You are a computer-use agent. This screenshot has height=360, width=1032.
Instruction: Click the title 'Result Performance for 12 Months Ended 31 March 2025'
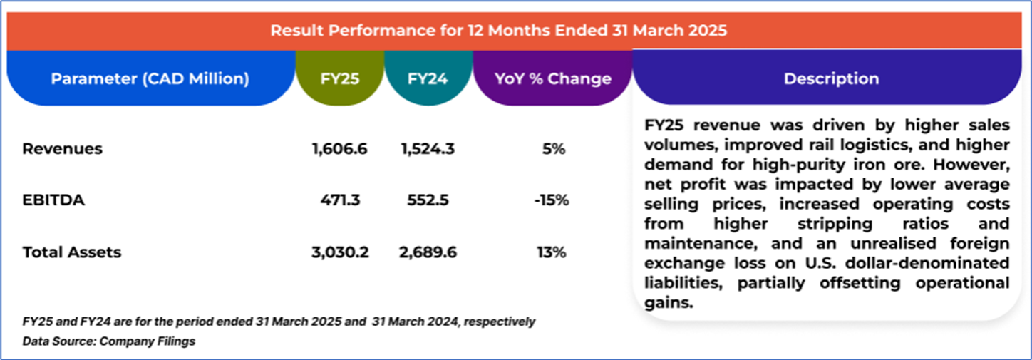click(498, 31)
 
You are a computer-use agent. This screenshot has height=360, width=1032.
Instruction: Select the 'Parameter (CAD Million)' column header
click(150, 78)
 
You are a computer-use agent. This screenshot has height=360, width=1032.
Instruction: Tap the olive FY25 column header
click(340, 78)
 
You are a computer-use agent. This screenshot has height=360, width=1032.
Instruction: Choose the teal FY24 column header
click(428, 78)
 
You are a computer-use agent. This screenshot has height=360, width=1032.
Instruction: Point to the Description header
click(831, 78)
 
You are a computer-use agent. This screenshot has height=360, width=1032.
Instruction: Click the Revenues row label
click(62, 149)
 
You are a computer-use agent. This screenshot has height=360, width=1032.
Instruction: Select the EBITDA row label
click(53, 200)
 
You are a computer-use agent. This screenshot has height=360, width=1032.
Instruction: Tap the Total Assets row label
click(71, 252)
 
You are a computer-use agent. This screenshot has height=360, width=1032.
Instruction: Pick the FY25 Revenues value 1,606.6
click(340, 149)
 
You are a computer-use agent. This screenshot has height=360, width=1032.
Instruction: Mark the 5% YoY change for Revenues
click(553, 149)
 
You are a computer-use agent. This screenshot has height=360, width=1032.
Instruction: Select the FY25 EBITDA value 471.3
click(340, 200)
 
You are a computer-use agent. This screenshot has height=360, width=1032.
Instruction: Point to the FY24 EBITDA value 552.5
click(428, 200)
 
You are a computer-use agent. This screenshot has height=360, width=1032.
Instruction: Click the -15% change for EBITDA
click(551, 200)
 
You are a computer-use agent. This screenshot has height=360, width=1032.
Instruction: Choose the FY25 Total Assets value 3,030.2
click(340, 252)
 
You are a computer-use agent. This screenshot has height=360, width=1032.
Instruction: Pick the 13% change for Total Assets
click(552, 252)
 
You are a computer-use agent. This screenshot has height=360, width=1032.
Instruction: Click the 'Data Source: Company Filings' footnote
click(109, 341)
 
